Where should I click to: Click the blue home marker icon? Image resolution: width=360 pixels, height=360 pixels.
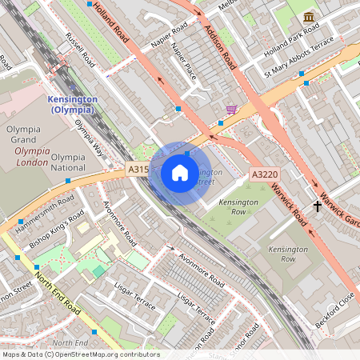pyautogui.click(x=180, y=173)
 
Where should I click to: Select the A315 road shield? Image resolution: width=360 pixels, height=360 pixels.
pyautogui.click(x=138, y=170)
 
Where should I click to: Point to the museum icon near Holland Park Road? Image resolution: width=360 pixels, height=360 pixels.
pyautogui.click(x=309, y=17)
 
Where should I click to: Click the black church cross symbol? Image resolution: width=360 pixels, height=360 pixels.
pyautogui.click(x=318, y=206)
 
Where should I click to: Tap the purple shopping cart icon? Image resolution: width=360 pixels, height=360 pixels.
pyautogui.click(x=231, y=110)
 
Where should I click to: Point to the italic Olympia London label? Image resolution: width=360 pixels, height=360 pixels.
pyautogui.click(x=32, y=156)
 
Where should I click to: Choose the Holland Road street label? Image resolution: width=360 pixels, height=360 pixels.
pyautogui.click(x=110, y=22)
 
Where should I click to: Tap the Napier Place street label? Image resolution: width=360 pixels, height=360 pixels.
pyautogui.click(x=183, y=61)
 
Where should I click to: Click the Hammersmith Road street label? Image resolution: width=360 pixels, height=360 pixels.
pyautogui.click(x=46, y=206)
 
